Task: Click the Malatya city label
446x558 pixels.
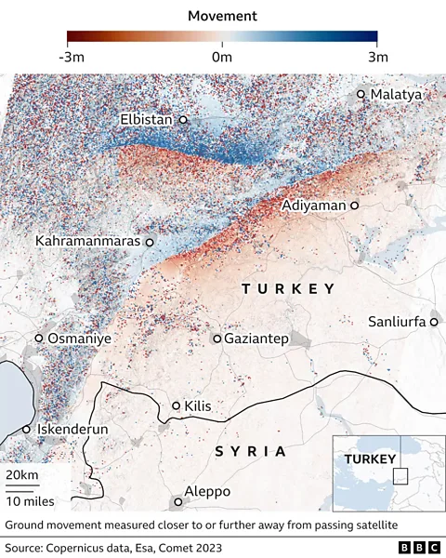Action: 396,95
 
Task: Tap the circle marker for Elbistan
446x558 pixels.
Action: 183,120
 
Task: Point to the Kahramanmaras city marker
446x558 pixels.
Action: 150,242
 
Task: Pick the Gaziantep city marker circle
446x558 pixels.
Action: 217,339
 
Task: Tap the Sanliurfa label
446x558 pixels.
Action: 397,321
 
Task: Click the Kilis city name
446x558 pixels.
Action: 199,406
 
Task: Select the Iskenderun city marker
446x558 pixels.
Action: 27,430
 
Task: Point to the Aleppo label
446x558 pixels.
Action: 206,492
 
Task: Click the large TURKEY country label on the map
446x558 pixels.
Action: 288,289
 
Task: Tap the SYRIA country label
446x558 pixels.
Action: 250,451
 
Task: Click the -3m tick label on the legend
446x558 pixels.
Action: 76,57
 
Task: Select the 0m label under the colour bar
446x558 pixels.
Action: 222,57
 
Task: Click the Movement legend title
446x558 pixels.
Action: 222,16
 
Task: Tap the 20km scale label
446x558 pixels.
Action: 22,475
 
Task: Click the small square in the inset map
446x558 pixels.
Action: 400,476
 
